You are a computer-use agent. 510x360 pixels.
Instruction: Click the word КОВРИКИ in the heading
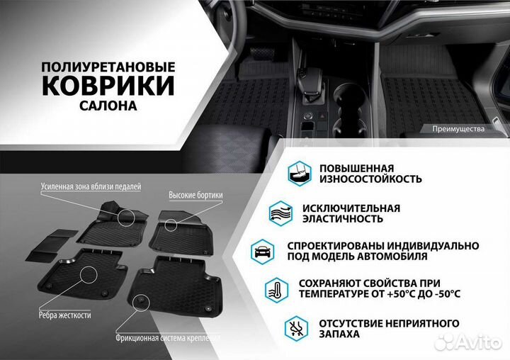[x=109, y=86]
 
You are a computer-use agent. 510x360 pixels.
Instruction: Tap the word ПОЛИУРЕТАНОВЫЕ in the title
[x=109, y=66]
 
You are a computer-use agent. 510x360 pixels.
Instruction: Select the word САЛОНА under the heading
[x=109, y=106]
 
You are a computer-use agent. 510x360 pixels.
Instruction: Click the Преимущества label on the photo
[x=458, y=129]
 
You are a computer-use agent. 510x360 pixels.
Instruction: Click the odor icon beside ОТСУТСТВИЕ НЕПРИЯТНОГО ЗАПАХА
[x=294, y=328]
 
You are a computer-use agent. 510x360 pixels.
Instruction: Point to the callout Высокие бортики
[x=196, y=195]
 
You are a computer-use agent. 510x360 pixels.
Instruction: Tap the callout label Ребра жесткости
[x=59, y=313]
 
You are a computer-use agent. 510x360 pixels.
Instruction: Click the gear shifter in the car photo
[x=309, y=67]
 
